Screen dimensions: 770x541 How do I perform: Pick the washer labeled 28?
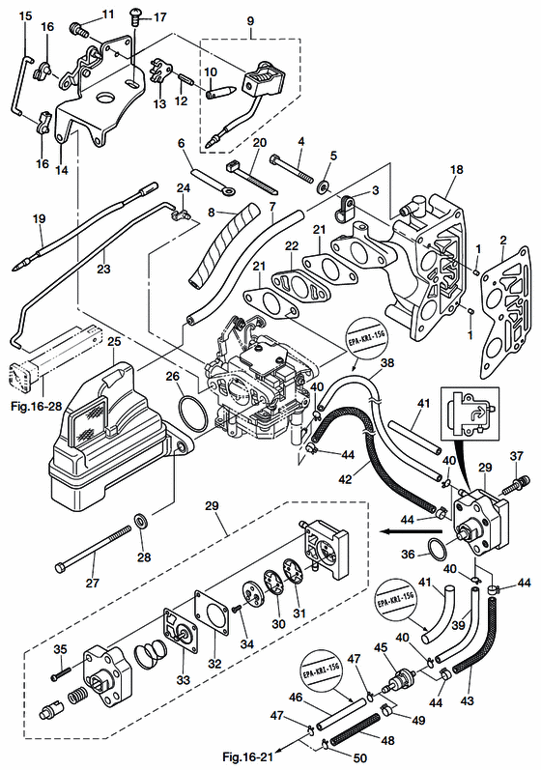pos(141,522)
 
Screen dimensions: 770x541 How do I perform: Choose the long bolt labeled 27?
pos(97,545)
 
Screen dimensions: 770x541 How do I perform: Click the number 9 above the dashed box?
pos(252,20)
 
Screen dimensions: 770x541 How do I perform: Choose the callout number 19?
pos(38,220)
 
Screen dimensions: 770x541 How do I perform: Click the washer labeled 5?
pos(323,182)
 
